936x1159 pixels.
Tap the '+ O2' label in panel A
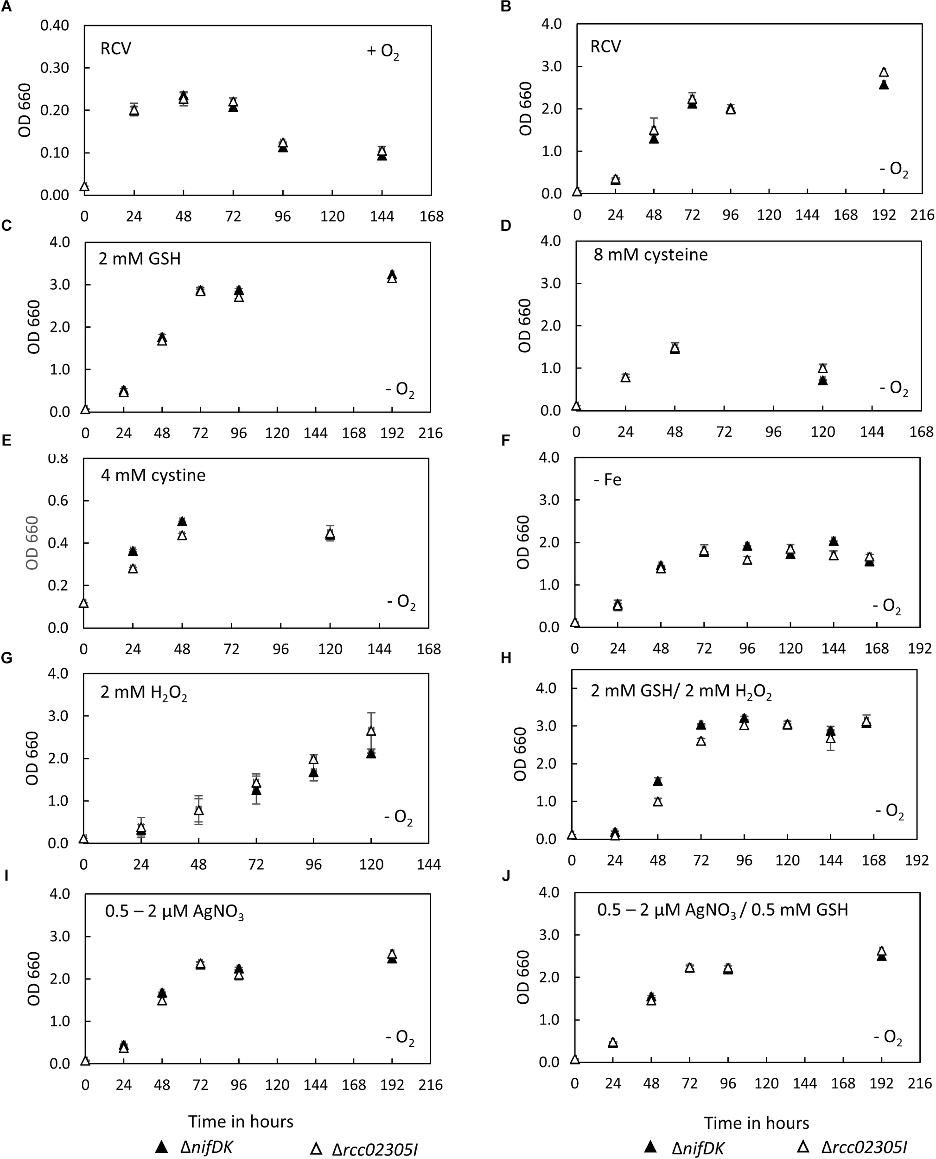tap(383, 52)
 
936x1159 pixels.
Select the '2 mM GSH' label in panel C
tap(140, 259)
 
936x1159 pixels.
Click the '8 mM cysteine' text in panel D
tap(650, 255)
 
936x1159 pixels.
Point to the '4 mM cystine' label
tap(153, 476)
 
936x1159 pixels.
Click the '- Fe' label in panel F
tap(608, 480)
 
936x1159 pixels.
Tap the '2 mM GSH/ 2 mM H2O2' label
tap(681, 692)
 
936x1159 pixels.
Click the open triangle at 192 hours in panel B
tap(884, 72)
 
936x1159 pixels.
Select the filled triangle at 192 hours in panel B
tap(884, 85)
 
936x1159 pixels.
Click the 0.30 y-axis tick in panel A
tap(58, 68)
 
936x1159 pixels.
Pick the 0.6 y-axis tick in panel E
tap(60, 501)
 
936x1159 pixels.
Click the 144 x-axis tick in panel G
tap(429, 865)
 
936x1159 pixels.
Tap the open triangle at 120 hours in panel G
tap(371, 731)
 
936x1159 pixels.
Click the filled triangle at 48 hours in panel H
tap(658, 781)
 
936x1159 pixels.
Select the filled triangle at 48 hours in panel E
tap(182, 521)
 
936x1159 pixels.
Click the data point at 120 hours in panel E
tap(330, 534)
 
